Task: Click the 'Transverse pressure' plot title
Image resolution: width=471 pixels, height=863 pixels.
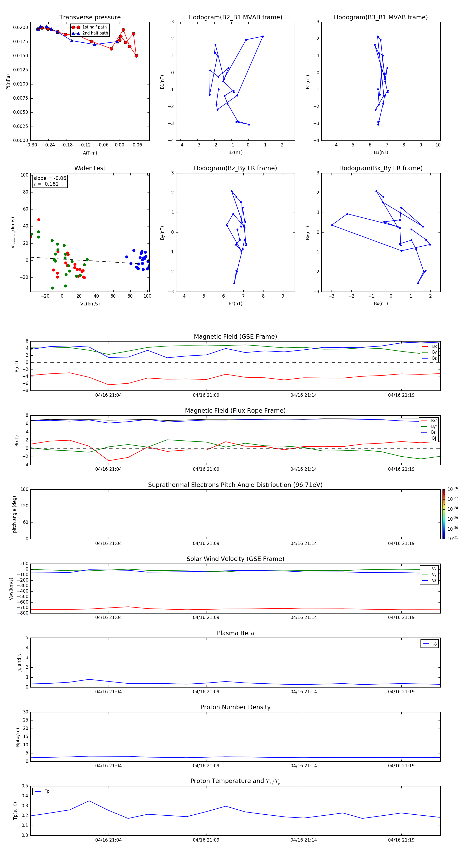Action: click(90, 18)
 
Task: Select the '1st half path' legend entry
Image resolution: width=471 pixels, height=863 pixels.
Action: click(94, 27)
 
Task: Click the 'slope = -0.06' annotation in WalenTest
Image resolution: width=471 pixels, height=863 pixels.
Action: click(50, 178)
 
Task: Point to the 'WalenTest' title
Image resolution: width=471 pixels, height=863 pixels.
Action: click(90, 168)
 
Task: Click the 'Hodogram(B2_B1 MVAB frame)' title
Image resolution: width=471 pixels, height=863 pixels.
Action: click(235, 18)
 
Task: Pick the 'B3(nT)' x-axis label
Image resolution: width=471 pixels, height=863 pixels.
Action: click(381, 152)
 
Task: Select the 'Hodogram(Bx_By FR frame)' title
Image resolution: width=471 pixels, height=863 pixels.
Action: click(380, 168)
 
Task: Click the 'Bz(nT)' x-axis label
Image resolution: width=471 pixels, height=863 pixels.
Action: click(235, 304)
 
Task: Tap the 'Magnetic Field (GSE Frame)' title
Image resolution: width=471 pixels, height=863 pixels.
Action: click(235, 337)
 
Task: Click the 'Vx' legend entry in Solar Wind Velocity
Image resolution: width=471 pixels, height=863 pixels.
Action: click(434, 569)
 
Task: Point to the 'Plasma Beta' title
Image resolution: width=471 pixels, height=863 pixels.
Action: click(235, 633)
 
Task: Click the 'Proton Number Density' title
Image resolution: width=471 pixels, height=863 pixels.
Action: click(235, 707)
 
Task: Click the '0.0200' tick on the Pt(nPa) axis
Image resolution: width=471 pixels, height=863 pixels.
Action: click(20, 27)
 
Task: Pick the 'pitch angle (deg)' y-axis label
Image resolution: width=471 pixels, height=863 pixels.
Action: click(14, 514)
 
